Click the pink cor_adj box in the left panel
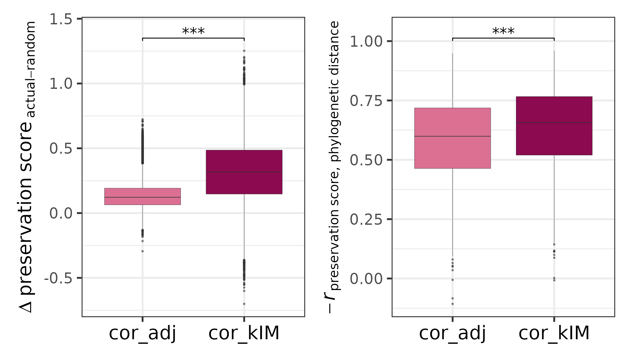(143, 196)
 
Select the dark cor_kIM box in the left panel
(244, 172)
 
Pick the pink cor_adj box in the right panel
(452, 138)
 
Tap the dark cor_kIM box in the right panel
(554, 126)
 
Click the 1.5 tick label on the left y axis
(61, 19)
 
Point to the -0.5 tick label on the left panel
(58, 278)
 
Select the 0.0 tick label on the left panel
(61, 213)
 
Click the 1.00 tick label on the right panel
(367, 42)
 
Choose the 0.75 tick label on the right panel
(367, 101)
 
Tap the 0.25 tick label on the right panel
(367, 220)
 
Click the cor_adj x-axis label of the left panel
(143, 333)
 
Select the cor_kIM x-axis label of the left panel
(244, 333)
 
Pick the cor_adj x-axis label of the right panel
(452, 333)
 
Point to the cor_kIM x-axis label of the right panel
(554, 333)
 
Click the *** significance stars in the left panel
(193, 32)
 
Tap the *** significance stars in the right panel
(503, 32)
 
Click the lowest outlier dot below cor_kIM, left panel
(244, 304)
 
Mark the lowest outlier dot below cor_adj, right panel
(452, 304)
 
